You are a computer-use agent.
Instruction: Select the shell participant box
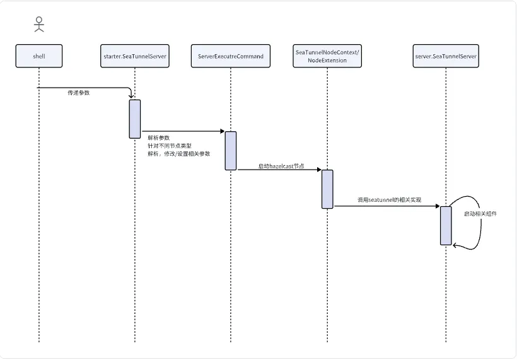[x=38, y=56]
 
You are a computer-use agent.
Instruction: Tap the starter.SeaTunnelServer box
[x=134, y=56]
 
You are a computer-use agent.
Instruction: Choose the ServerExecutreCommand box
[x=230, y=56]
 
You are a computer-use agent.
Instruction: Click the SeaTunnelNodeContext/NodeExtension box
[x=327, y=56]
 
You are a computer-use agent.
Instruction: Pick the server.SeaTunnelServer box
[x=446, y=56]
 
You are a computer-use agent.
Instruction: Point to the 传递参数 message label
[x=79, y=93]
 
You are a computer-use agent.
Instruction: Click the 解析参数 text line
[x=158, y=137]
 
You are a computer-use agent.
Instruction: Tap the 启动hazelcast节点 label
[x=281, y=166]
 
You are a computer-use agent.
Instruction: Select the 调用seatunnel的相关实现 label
[x=389, y=200]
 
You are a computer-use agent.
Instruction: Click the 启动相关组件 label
[x=480, y=214]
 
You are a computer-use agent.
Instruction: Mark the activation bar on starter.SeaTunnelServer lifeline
[x=135, y=119]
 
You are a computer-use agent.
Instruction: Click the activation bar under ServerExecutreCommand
[x=231, y=151]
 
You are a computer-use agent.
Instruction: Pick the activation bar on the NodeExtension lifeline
[x=327, y=189]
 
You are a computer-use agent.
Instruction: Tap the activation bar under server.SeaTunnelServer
[x=446, y=225]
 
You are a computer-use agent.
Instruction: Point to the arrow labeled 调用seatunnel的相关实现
[x=386, y=206]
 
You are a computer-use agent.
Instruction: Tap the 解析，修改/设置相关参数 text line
[x=179, y=154]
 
